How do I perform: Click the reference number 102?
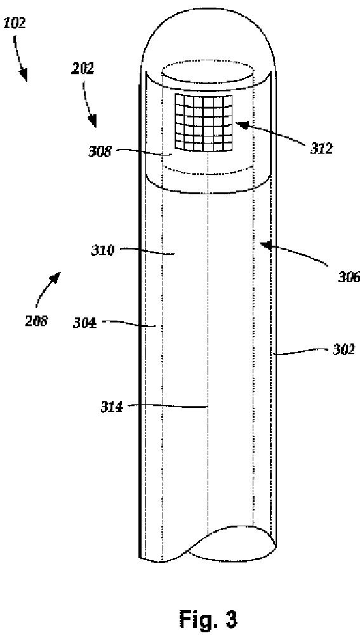[15, 23]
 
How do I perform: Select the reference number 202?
[83, 69]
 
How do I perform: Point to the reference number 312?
[321, 149]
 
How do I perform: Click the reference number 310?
[102, 251]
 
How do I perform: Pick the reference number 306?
[349, 277]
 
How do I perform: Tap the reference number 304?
[84, 324]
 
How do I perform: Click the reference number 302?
[343, 350]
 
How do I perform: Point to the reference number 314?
[112, 407]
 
